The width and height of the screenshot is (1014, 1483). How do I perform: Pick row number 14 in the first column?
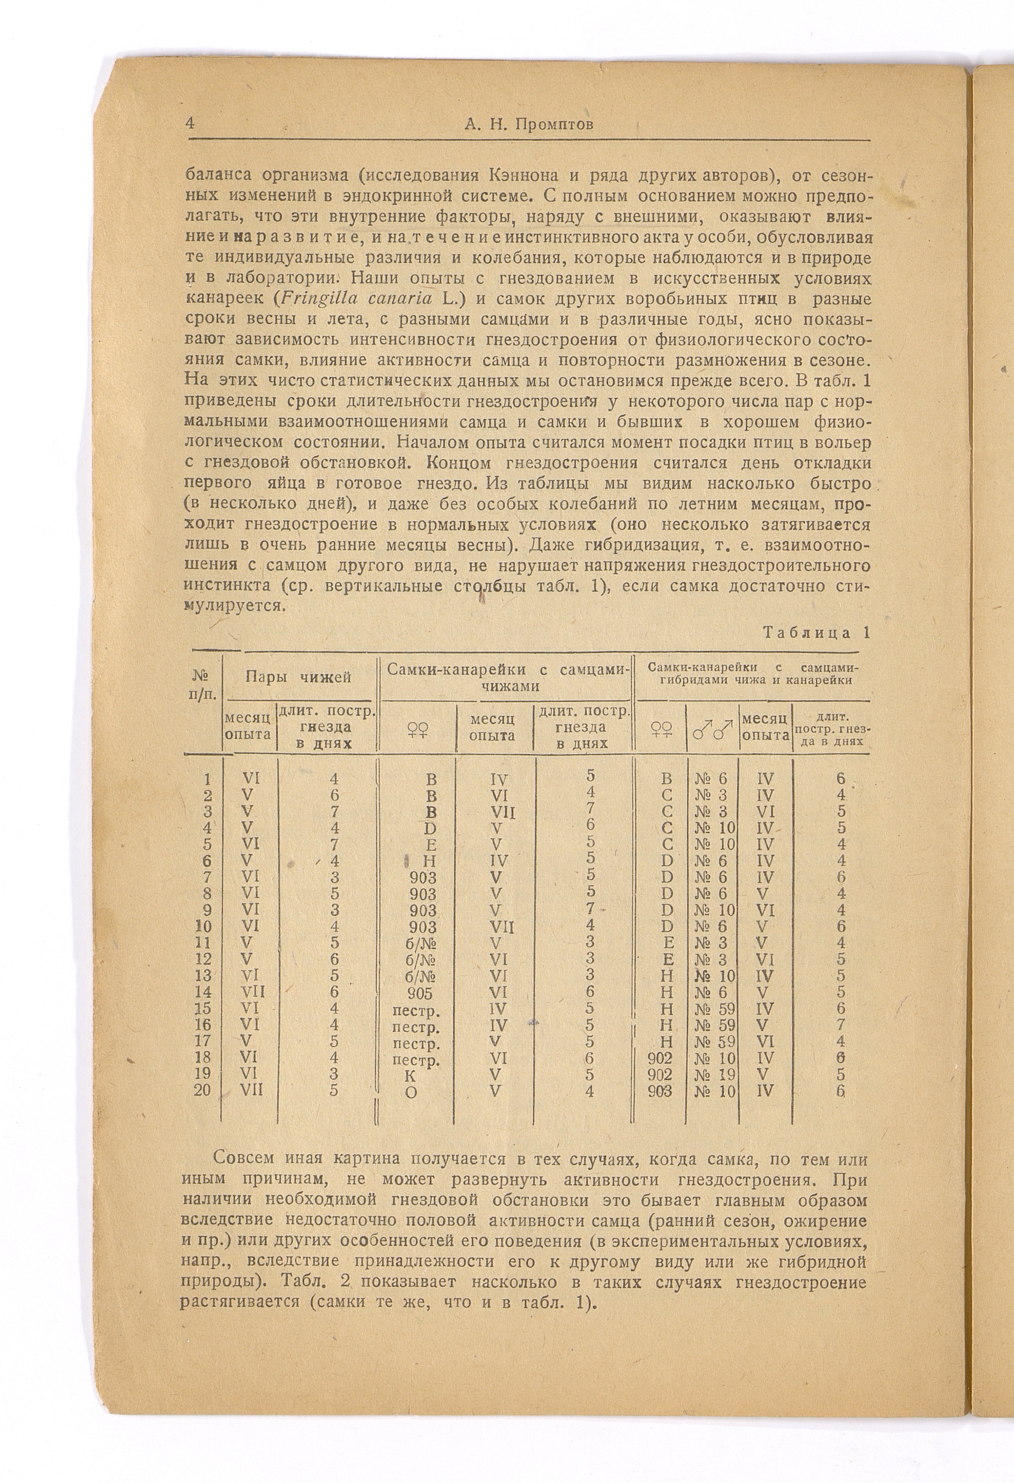point(203,992)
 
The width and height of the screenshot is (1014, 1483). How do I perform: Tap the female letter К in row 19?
point(411,1075)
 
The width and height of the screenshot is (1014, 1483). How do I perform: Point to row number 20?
point(202,1090)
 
